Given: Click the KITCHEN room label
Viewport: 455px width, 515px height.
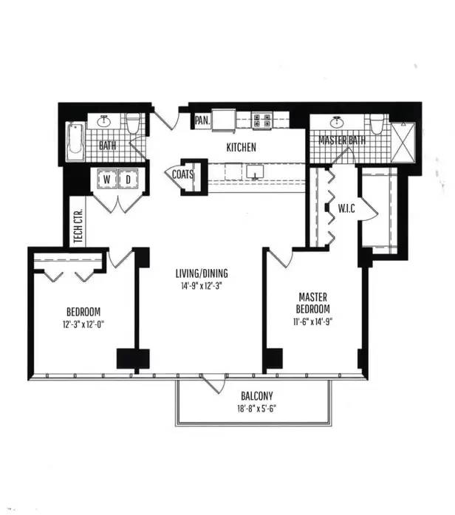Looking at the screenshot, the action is (x=242, y=148).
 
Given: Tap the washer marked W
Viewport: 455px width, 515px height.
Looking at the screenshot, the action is (x=107, y=180).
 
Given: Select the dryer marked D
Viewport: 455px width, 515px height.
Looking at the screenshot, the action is (x=128, y=180).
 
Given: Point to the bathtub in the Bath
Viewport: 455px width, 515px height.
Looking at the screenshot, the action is (x=75, y=142).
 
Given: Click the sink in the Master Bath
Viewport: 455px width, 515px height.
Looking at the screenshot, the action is (x=337, y=123).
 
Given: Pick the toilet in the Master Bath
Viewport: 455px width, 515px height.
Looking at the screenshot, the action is (x=377, y=124).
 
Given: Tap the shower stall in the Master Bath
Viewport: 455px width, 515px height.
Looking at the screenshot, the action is (x=403, y=143).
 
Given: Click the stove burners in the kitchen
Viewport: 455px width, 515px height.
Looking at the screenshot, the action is (x=261, y=120).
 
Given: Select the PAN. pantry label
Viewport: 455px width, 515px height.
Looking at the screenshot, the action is (x=202, y=120).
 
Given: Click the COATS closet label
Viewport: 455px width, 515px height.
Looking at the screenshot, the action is (x=182, y=174).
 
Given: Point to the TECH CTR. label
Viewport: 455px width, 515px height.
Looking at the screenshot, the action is (x=78, y=225).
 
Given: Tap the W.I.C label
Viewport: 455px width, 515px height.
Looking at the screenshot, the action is (x=346, y=208).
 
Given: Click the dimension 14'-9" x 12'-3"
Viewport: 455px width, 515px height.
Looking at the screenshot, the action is (x=202, y=286).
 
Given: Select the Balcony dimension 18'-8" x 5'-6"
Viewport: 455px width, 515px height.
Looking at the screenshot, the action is (x=257, y=409).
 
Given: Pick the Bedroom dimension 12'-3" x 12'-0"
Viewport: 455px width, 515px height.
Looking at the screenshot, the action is (x=83, y=325).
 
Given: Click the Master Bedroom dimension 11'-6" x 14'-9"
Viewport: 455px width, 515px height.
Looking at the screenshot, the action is (x=313, y=322).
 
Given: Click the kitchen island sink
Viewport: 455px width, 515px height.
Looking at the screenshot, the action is (x=255, y=171).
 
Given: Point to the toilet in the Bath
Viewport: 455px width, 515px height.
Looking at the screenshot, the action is (x=133, y=123).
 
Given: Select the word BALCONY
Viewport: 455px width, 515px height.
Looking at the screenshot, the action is (x=257, y=396).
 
